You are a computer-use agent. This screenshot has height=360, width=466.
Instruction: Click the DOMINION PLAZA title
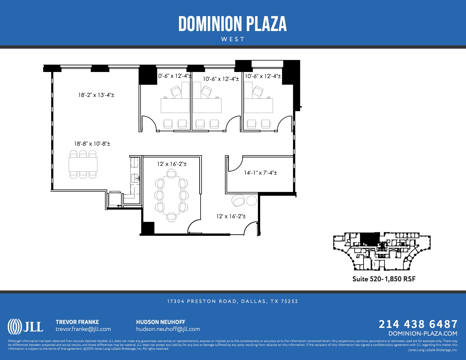click(232, 24)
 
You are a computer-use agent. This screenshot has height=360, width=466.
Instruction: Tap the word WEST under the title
click(233, 39)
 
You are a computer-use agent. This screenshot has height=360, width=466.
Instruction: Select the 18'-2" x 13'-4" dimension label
click(96, 95)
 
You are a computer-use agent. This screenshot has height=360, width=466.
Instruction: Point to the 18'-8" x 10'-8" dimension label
click(92, 144)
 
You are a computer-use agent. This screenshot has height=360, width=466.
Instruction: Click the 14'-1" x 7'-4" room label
click(260, 173)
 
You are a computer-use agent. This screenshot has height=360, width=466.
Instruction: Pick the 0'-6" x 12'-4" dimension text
click(175, 76)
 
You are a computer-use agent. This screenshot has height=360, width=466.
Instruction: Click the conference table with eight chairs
click(171, 196)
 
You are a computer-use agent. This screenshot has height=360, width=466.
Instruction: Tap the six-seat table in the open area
click(83, 164)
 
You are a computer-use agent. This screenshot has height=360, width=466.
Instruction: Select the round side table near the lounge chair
click(252, 200)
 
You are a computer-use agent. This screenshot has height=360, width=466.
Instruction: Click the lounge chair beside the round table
click(238, 200)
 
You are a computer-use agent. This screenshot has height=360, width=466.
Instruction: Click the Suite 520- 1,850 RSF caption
click(384, 279)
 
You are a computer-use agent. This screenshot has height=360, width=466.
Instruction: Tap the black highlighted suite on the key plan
click(370, 239)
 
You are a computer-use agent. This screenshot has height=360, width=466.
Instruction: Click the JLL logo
click(25, 326)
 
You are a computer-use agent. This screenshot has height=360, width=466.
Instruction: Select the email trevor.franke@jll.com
click(83, 329)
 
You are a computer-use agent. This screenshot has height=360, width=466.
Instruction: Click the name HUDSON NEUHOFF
click(160, 322)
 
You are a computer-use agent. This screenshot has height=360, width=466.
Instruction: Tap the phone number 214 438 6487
click(418, 324)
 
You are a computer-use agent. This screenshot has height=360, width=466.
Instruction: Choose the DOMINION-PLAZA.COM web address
click(423, 333)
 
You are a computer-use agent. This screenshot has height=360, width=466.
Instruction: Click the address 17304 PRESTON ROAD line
click(232, 301)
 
